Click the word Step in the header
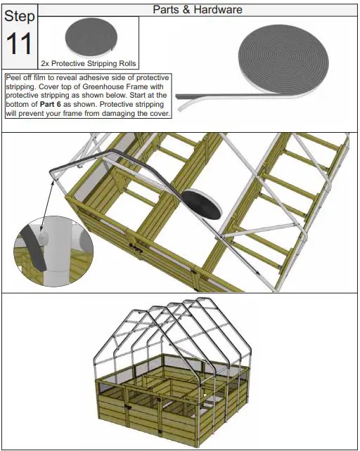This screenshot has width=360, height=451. [19, 16]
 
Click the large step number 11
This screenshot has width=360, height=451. [19, 44]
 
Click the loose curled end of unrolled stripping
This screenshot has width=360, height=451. [184, 103]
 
